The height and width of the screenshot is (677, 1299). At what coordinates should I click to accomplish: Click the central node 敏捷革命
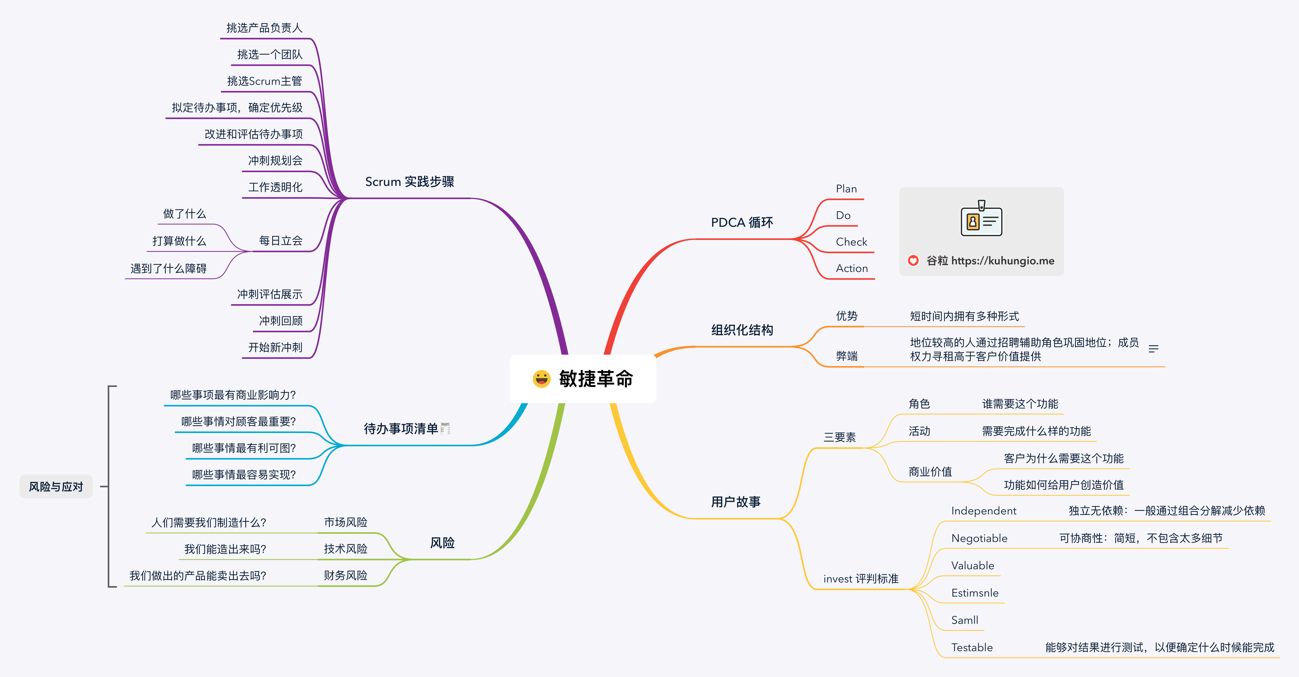(583, 379)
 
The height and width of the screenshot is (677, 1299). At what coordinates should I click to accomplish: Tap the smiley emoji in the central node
(542, 379)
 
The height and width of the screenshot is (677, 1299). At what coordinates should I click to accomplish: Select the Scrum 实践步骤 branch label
(409, 182)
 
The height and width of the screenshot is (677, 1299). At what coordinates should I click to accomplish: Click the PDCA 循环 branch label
(742, 222)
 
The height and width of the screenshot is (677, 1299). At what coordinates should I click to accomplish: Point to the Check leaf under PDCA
(851, 242)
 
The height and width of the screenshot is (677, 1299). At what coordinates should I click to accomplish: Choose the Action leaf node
(852, 268)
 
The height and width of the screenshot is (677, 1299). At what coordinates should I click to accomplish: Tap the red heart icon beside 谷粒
(913, 260)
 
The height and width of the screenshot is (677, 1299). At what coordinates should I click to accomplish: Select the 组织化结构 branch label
(742, 330)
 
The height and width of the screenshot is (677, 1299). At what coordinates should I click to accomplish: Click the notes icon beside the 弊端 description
(1153, 349)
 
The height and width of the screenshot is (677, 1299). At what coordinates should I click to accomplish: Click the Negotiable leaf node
(979, 538)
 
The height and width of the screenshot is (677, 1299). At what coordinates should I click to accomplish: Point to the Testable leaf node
(972, 647)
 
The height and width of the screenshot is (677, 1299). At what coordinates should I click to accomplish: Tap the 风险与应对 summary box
(56, 486)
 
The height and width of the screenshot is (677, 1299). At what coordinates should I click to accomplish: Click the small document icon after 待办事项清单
(445, 428)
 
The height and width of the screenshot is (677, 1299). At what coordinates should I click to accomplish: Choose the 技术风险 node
(345, 549)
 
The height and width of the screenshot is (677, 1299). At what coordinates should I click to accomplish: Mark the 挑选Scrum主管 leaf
(264, 81)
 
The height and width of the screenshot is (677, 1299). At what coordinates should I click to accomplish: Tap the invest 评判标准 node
(861, 579)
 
